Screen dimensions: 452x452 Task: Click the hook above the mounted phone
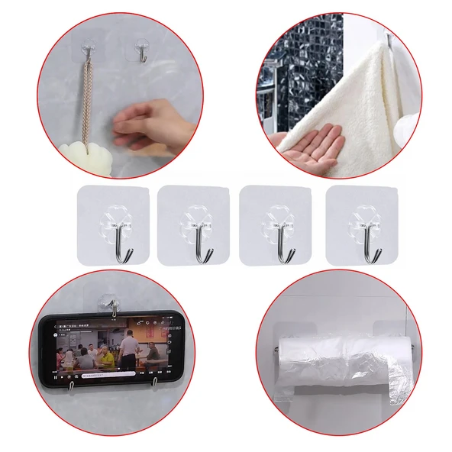[x=112, y=305]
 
